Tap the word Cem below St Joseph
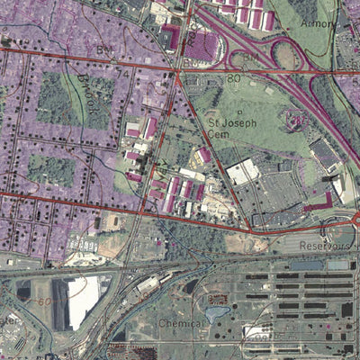220,133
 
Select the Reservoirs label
327,245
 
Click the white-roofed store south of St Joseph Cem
242,171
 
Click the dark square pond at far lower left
23,292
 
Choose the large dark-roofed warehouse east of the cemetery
323,152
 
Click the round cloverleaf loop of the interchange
287,56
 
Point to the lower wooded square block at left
50,169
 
